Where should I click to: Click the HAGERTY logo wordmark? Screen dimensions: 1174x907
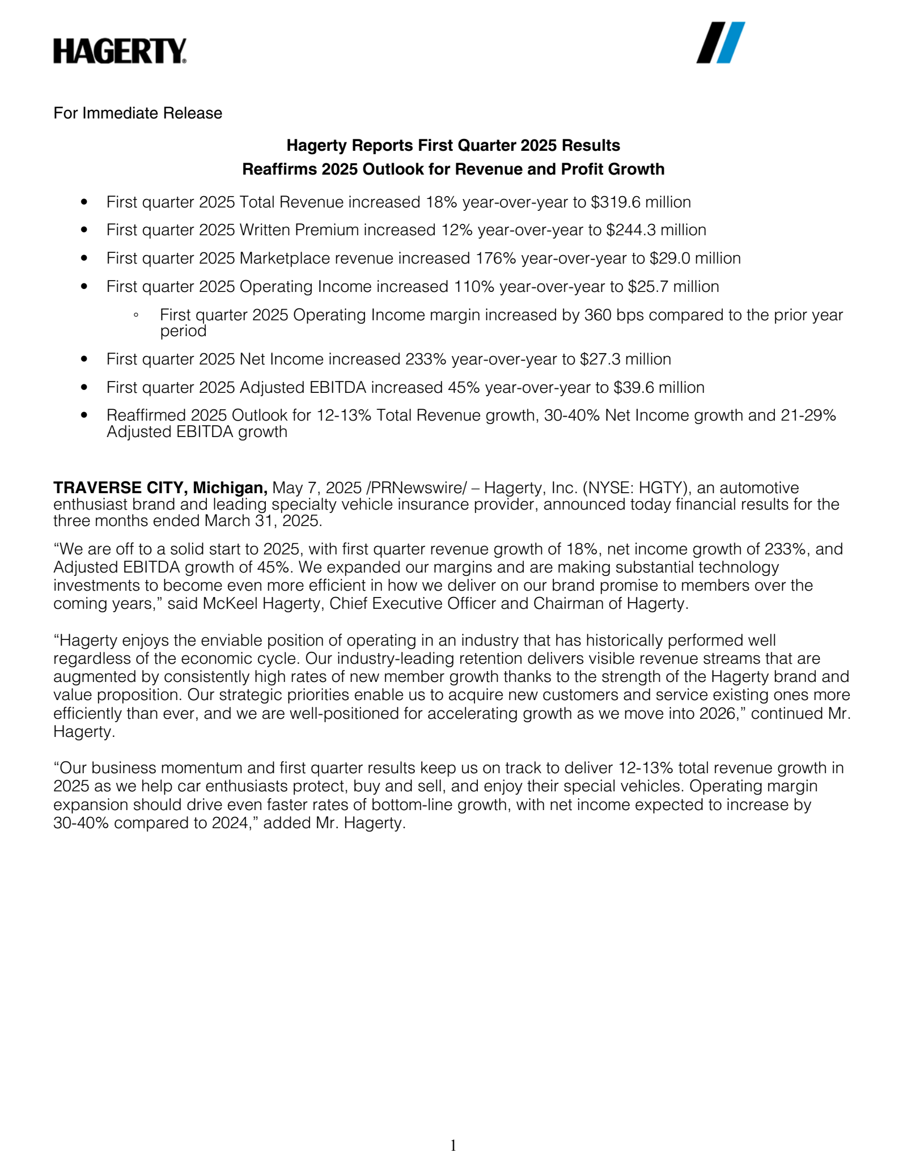pos(120,51)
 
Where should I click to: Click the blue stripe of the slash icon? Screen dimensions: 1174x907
pos(731,43)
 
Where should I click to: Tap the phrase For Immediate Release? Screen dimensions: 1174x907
pos(138,113)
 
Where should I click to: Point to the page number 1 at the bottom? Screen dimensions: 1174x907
pos(453,1146)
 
